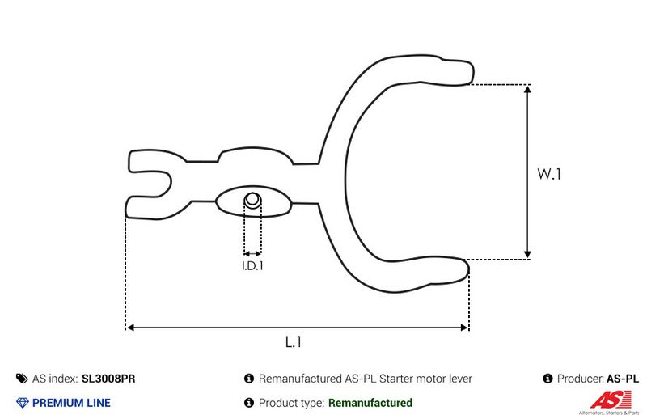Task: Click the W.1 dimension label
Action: pos(550,174)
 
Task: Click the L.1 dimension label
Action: pos(294,343)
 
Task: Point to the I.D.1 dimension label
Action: pos(253,265)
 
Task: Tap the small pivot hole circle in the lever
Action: pos(253,199)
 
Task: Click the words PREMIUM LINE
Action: pos(71,402)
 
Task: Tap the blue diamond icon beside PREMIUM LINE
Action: pos(22,402)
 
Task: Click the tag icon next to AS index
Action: pos(22,379)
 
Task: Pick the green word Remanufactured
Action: pos(370,402)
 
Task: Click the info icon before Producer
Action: pos(548,379)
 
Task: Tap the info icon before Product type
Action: pos(249,402)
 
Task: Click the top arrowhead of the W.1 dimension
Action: pos(527,89)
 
